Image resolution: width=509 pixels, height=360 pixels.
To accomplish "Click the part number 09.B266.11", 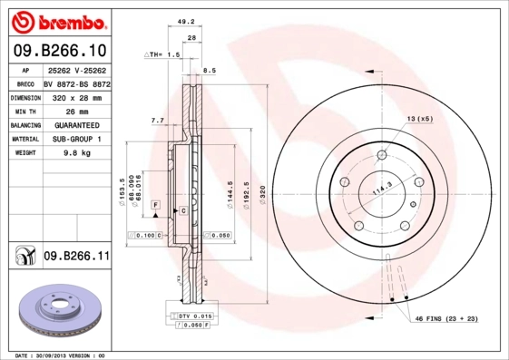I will click(76, 258).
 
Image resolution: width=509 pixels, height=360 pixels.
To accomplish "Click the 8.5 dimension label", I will click(209, 70).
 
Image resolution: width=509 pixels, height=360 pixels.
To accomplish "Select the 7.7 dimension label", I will click(156, 120).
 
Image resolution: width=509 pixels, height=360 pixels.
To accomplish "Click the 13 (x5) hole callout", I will click(420, 120).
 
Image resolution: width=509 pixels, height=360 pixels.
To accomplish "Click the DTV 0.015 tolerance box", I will click(195, 315).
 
